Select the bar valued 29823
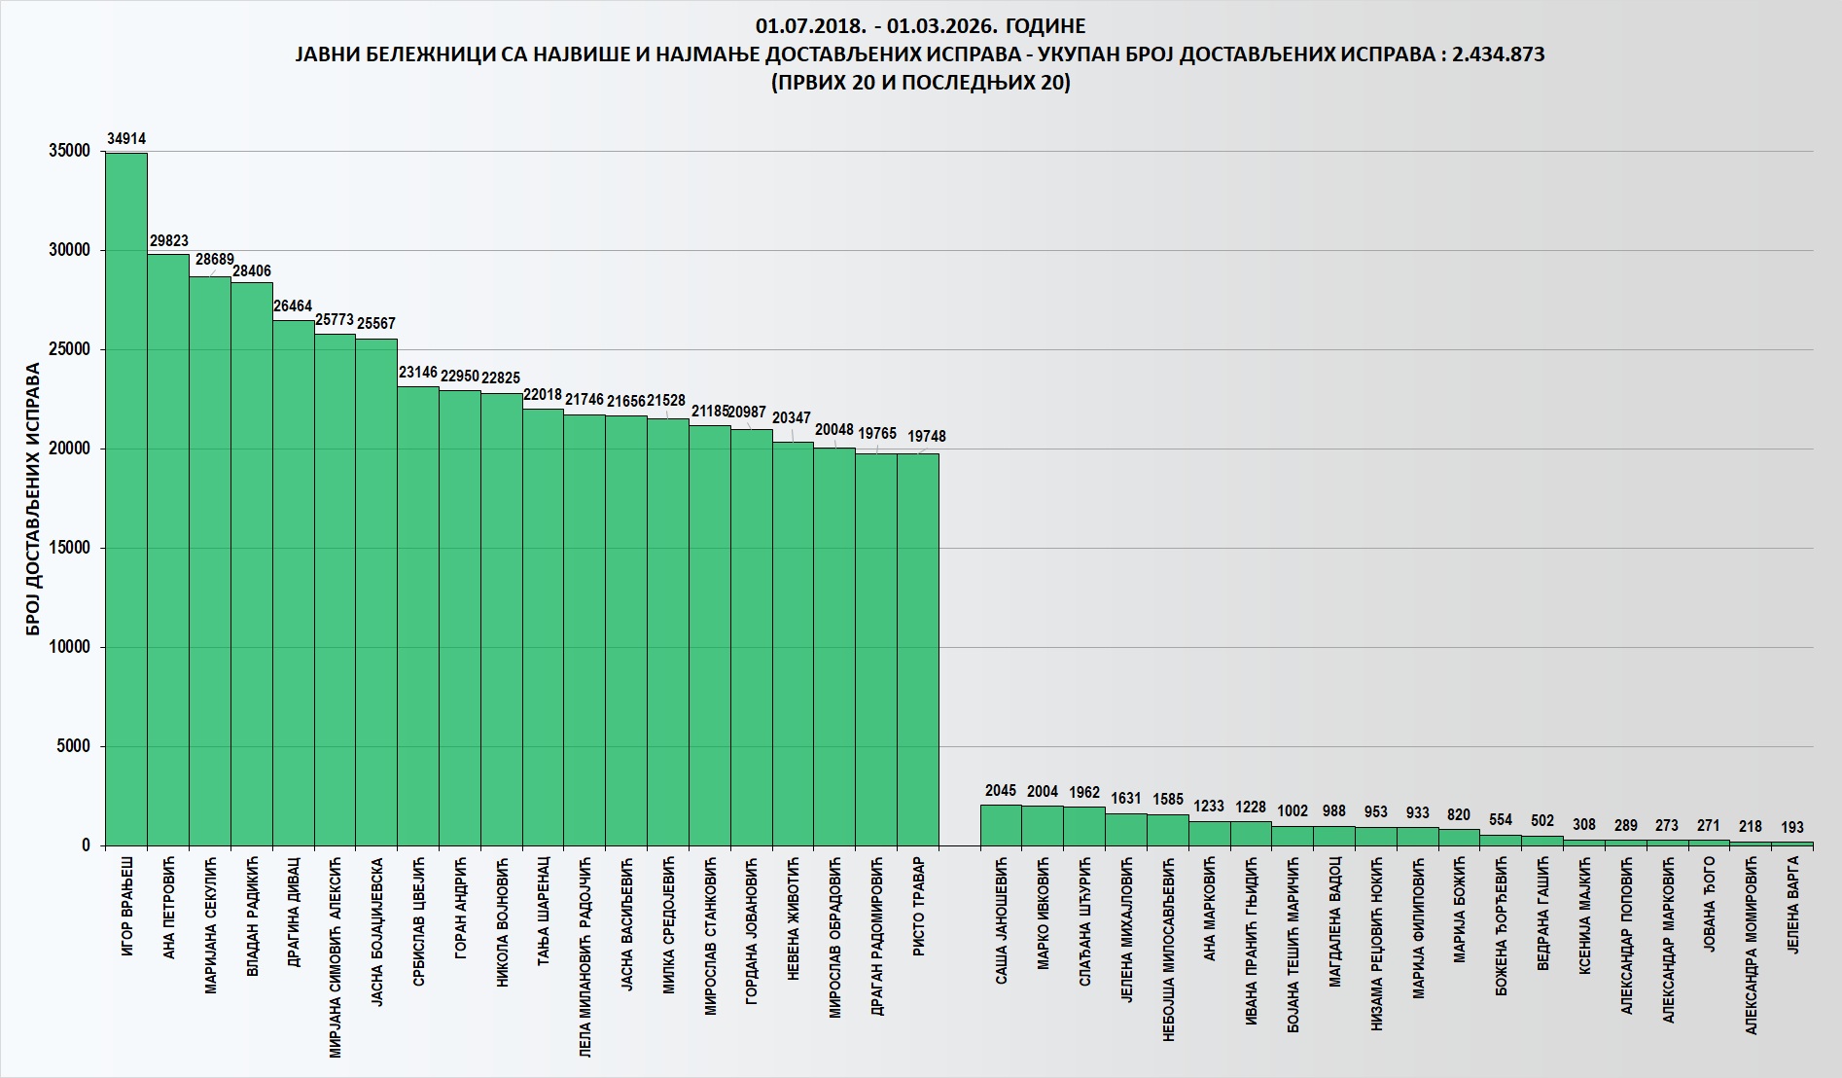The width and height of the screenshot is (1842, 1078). tap(168, 550)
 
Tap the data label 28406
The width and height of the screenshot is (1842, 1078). tap(252, 271)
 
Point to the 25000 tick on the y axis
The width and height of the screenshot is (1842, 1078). tap(69, 349)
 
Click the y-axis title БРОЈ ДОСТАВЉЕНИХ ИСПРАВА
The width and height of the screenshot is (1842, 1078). tap(33, 499)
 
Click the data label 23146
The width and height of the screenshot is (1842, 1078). tap(418, 373)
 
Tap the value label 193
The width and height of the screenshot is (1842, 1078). tap(1792, 827)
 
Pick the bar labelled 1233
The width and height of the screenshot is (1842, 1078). tap(1210, 834)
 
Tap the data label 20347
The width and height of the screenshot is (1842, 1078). tap(792, 417)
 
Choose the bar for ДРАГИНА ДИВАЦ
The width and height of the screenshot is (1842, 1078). tap(294, 583)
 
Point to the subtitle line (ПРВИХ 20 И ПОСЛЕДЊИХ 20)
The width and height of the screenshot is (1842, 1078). tap(920, 83)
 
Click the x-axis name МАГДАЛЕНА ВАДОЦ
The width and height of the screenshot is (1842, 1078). tap(1335, 920)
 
